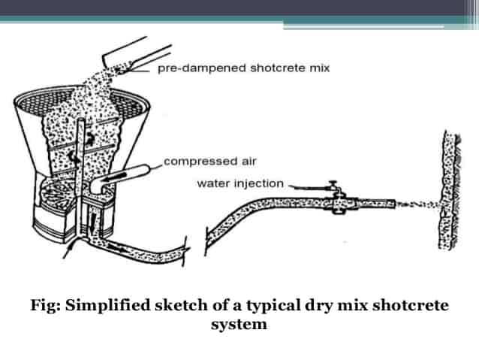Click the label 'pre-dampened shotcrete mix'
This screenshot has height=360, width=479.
[243, 68]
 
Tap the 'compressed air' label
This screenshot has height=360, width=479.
[210, 161]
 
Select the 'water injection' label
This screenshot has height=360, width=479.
[240, 183]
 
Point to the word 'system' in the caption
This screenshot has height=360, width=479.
[239, 324]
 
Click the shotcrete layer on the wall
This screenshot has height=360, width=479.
[446, 189]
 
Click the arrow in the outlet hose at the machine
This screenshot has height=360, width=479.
[117, 247]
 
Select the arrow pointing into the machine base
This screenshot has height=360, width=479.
[69, 250]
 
